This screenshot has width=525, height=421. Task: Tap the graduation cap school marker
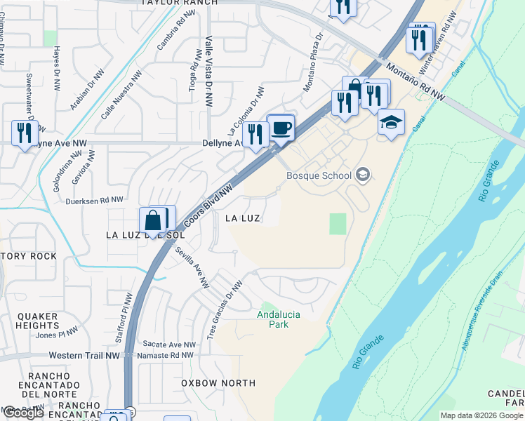coord(391,123)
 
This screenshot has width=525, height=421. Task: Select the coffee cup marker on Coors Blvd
coord(281,128)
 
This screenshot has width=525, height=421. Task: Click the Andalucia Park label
coord(279,319)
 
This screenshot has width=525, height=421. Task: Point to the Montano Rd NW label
coord(416,79)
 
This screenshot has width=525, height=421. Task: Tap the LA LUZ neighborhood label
coord(243,218)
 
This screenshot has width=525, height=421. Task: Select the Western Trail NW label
coord(84,356)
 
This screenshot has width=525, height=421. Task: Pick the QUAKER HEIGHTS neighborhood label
coord(38,321)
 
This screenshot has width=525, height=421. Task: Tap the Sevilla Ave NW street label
coord(192,267)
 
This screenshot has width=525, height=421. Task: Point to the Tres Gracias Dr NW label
coord(225,309)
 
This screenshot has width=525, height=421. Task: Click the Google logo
coord(23,413)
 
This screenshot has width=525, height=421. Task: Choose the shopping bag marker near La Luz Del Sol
coord(153,222)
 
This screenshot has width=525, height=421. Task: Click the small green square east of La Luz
coord(338,225)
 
